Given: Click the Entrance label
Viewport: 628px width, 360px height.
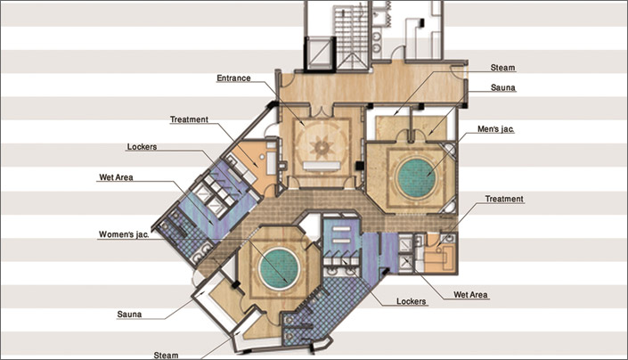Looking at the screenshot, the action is (233, 78).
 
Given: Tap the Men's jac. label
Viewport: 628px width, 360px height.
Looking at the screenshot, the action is (496, 129).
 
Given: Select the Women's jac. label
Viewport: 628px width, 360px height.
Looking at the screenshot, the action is (124, 234).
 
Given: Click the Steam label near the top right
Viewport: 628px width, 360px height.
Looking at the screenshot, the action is (502, 68).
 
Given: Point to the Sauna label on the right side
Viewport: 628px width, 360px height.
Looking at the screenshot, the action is (503, 87).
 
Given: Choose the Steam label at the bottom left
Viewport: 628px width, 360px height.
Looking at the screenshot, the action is (167, 356).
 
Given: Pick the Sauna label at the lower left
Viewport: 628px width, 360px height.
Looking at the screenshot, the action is (129, 315).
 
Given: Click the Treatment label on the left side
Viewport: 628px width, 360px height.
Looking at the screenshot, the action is (189, 119).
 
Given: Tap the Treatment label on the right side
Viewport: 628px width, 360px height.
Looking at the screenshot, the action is (504, 199).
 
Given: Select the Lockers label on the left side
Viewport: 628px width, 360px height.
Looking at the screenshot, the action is (142, 147).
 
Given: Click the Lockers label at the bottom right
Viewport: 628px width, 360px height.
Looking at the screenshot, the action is (412, 301).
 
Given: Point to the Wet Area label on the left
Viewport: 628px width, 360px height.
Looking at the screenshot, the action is (116, 177).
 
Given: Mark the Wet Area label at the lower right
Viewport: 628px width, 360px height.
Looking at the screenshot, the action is (470, 295).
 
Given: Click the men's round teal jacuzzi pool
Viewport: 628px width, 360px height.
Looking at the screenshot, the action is (417, 177).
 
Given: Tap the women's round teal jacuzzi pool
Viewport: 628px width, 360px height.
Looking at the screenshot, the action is (279, 268).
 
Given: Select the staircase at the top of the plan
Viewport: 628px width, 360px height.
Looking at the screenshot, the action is (351, 35).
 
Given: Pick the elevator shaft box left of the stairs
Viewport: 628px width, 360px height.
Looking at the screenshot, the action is (319, 53).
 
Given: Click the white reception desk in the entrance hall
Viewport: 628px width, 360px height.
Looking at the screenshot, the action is (322, 166).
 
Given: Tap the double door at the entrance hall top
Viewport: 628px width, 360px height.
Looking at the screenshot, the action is (322, 111).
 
